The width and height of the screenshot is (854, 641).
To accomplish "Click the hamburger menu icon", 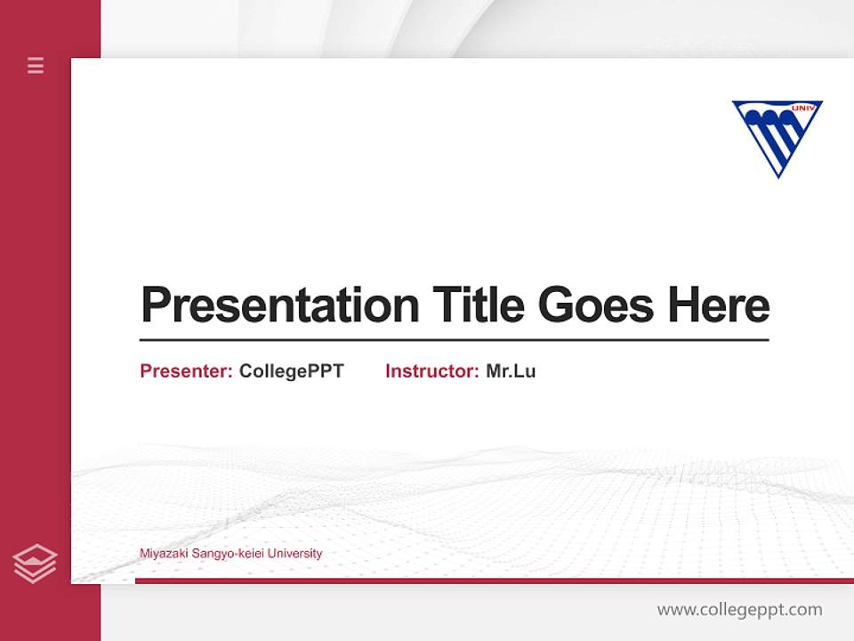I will pyautogui.click(x=36, y=65).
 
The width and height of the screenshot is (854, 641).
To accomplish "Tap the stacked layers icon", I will pyautogui.click(x=35, y=564).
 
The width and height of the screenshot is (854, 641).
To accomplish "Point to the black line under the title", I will pyautogui.click(x=454, y=340).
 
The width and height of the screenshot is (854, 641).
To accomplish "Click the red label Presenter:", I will pyautogui.click(x=186, y=371).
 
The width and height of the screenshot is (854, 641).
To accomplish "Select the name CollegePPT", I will pyautogui.click(x=291, y=371).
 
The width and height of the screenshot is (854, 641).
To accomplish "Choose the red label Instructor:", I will pyautogui.click(x=431, y=371).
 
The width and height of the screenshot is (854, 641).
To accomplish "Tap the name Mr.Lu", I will pyautogui.click(x=511, y=371).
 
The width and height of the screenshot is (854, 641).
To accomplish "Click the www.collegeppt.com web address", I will pyautogui.click(x=739, y=610).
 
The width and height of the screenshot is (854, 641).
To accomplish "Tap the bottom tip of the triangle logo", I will pyautogui.click(x=778, y=174).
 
